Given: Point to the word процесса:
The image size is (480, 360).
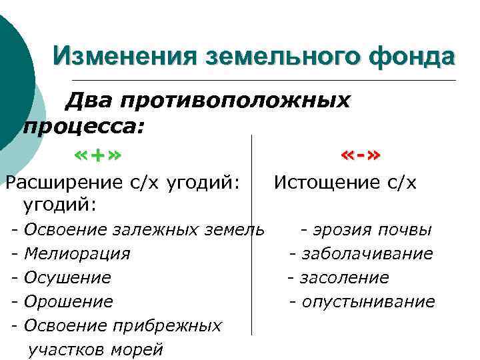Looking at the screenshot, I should point(84,125).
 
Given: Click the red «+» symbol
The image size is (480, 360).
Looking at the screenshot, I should point(97,157).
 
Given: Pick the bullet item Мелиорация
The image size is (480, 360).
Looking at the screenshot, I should point(77,254).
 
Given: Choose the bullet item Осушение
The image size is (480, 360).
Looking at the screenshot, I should point(67,278).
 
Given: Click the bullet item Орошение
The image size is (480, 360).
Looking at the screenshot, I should point(68,302).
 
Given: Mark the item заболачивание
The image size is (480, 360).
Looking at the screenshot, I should point(367,254).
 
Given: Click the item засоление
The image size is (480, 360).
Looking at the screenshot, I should point(344,278).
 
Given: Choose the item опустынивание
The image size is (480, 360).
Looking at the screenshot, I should point(368,302).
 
